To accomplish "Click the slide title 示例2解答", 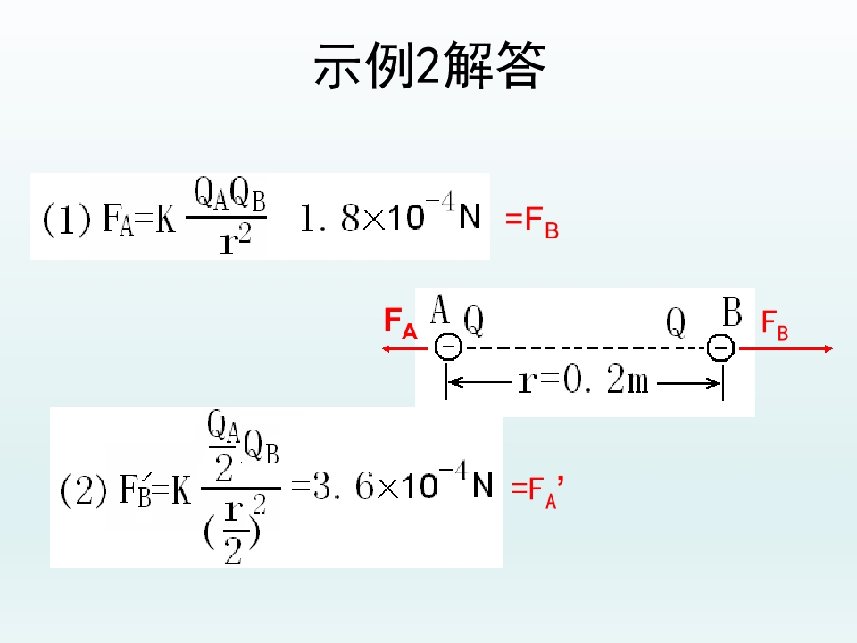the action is pos(429,66).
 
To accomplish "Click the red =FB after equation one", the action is pos(532,222).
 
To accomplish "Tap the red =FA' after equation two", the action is pos(537,491).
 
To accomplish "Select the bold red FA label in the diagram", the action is pos(401,323).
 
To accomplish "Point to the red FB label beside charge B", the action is pos(775,326).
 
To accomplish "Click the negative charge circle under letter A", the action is pos(448,347).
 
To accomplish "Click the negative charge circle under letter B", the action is pos(721,347).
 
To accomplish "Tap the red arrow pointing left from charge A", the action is pos(405,348).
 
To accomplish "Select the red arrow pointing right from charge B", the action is pos(786,348).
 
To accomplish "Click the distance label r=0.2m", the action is pos(583,380).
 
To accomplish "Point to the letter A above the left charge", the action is pos(440,309).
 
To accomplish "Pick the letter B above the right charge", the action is pos(732,312).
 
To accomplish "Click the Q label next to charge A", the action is pos(474,321).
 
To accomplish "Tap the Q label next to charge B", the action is pos(676,322).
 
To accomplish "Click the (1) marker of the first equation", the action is pos(66,220).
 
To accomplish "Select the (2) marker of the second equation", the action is pos(83,490).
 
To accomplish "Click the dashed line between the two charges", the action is pos(584,347).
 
